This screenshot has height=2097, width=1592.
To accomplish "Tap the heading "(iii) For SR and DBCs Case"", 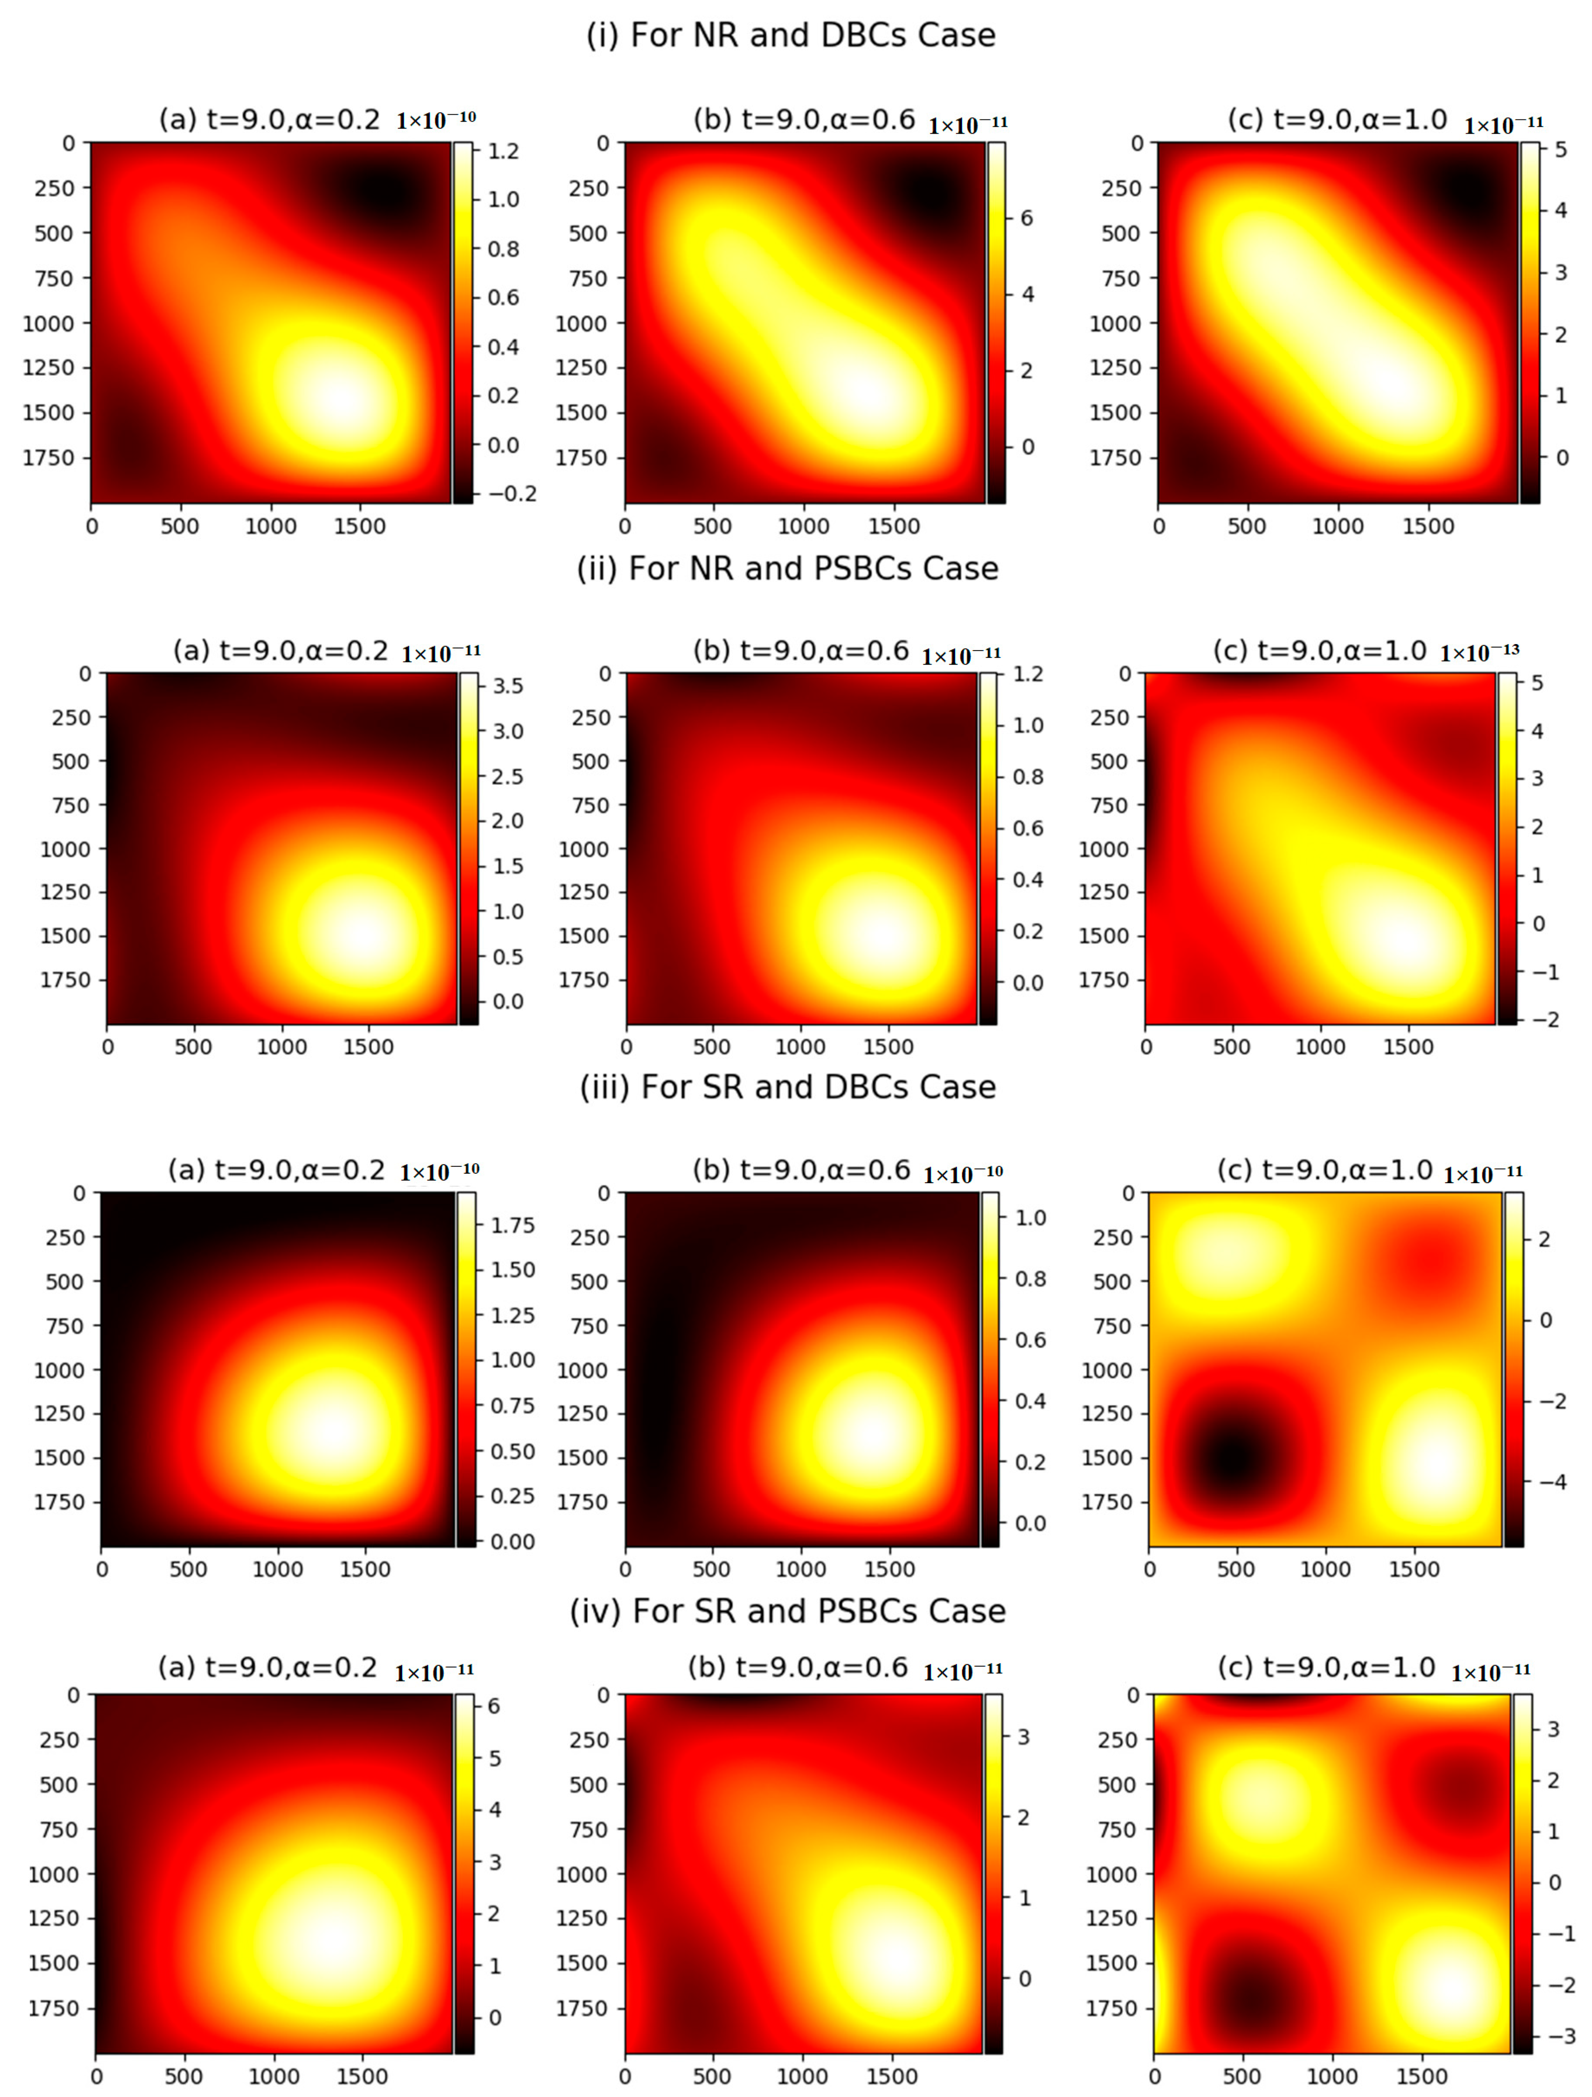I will [x=788, y=1087].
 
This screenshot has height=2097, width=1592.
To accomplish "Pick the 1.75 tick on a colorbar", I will [x=512, y=1225].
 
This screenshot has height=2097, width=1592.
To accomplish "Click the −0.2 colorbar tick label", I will [x=512, y=494].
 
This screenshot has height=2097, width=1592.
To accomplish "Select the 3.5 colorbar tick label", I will [x=507, y=685].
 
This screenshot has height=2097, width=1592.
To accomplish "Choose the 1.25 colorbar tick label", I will [x=512, y=1315].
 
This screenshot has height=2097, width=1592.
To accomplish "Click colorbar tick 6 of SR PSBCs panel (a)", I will [x=493, y=1706].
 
